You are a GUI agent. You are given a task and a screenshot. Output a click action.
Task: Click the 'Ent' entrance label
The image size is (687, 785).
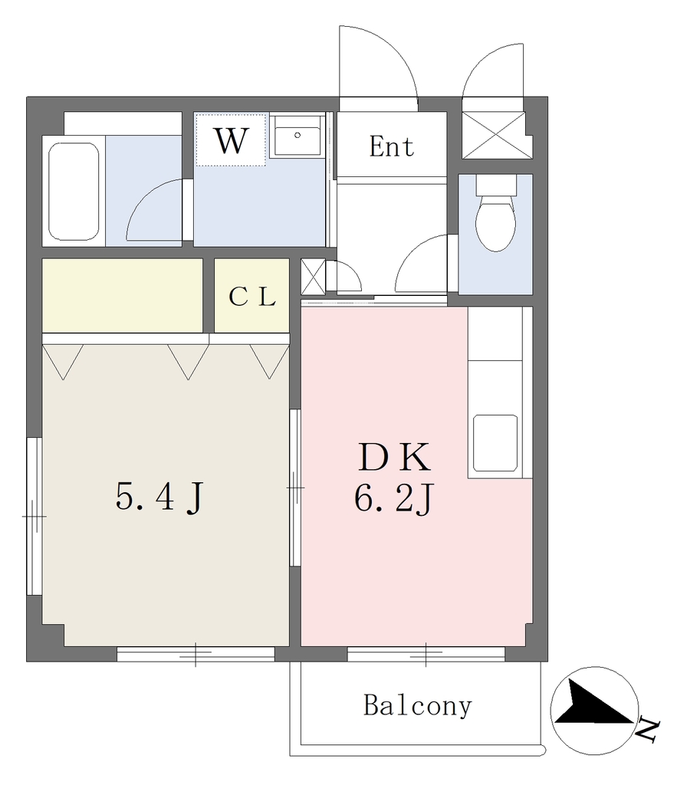tap(392, 146)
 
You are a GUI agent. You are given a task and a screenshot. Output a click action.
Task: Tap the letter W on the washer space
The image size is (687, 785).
tap(231, 141)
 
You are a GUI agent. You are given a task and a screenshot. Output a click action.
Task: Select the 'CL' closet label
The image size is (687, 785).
tap(251, 297)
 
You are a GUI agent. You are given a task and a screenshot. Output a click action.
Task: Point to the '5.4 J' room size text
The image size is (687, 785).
tap(159, 498)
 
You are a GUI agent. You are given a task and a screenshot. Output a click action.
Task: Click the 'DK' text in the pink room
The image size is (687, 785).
tap(394, 458)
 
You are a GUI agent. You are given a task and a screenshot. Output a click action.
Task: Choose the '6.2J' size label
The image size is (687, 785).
tap(393, 498)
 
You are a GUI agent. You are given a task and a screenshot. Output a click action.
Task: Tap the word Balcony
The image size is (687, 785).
tap(418, 706)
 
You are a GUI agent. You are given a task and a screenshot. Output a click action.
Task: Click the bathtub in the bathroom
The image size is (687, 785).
tap(74, 191)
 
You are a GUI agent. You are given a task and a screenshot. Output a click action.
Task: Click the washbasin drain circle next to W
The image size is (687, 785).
tap(297, 135)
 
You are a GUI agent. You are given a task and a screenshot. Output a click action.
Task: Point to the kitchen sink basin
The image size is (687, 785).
tap(495, 442)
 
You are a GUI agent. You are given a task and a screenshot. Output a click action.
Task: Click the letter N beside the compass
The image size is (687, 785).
tap(649, 731)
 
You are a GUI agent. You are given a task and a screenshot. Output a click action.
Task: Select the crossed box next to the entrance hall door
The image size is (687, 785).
tap(313, 276)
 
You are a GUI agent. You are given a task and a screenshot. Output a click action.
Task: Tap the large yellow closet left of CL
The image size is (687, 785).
tap(122, 295)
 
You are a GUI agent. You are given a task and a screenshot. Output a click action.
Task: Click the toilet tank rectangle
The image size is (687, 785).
tap(496, 186)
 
